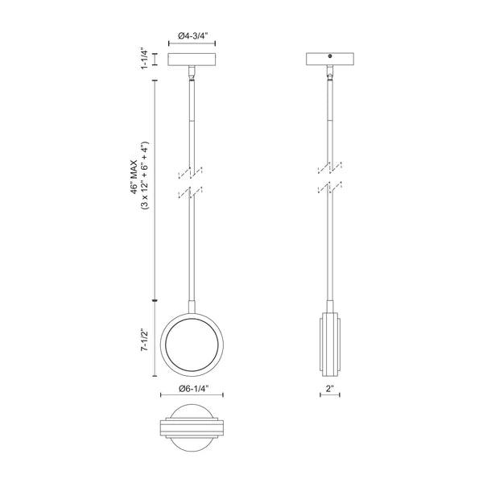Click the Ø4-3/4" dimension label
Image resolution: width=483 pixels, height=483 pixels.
coord(192,36)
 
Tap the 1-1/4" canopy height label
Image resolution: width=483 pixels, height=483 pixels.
coord(145,58)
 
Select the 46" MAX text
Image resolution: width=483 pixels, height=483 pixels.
coord(134,177)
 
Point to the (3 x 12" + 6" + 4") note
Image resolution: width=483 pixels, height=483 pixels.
coord(145,175)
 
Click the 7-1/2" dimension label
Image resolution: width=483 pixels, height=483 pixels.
coord(144,340)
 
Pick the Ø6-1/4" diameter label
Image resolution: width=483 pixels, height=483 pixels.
coord(192,389)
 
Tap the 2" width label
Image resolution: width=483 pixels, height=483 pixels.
coord(330,389)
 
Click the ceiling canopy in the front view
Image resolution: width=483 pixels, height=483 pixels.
coord(192,60)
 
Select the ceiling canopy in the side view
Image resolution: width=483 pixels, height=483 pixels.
coord(330,59)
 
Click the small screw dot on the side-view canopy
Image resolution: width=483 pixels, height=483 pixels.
coord(330,56)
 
